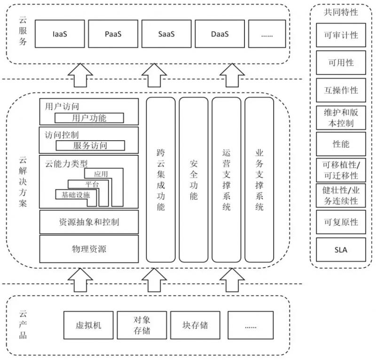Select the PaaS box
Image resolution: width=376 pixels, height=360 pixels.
(113, 34)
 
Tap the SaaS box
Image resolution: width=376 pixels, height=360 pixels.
(167, 34)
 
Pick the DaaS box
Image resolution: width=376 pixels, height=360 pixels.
(220, 34)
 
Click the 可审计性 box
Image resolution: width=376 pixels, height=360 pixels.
(341, 35)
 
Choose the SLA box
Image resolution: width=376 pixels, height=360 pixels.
(341, 250)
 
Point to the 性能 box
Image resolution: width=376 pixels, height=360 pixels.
(341, 144)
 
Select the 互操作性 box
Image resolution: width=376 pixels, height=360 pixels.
(341, 90)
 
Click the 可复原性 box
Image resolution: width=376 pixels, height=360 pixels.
(341, 222)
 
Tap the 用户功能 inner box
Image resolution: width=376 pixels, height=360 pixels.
(89, 118)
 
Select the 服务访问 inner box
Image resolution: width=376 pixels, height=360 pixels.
(90, 145)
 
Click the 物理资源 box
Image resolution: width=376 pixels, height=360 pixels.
(89, 248)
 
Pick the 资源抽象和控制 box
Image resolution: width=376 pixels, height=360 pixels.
(89, 222)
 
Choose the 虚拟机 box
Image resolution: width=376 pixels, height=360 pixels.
(88, 325)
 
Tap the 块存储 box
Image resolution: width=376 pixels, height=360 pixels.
(195, 325)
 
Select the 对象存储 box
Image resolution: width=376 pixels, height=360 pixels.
(141, 325)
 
